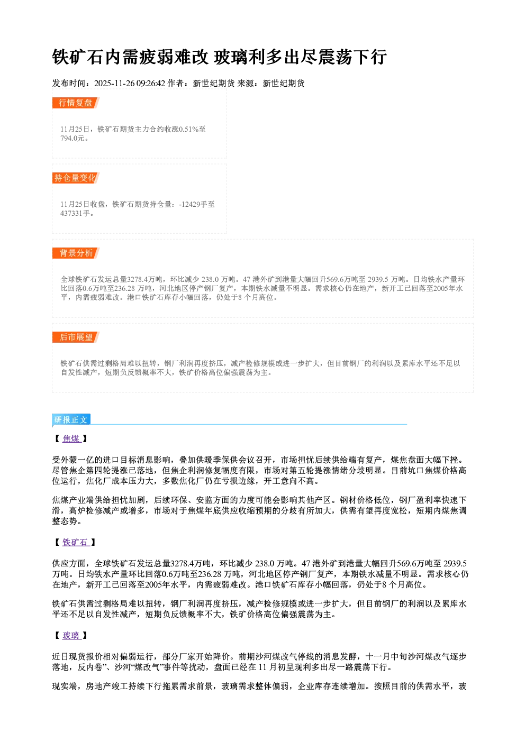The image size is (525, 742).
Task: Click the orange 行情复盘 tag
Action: [76, 103]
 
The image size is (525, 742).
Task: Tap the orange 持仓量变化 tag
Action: [76, 178]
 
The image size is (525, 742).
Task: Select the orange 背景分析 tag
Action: [76, 253]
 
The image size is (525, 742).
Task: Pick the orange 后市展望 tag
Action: [76, 337]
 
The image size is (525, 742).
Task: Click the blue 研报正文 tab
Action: [71, 420]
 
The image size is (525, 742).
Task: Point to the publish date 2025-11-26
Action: [114, 83]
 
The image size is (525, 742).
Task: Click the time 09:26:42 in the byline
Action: [151, 83]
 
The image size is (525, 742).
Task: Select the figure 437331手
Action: [75, 213]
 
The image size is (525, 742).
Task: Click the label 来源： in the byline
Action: [250, 83]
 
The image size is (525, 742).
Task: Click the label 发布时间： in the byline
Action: [73, 83]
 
